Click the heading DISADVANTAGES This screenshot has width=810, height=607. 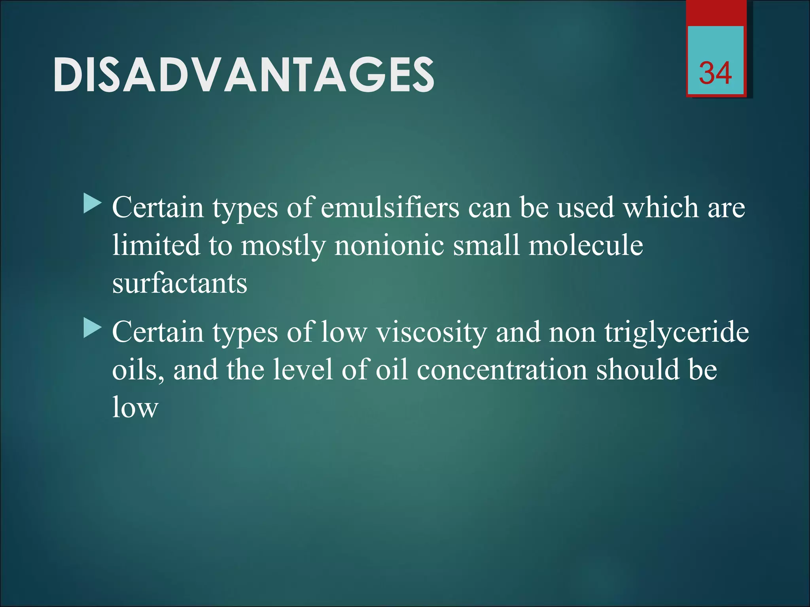tap(244, 75)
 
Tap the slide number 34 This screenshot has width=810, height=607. tap(715, 73)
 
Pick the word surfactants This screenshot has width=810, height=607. tap(180, 284)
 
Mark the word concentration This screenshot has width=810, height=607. tap(502, 370)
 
